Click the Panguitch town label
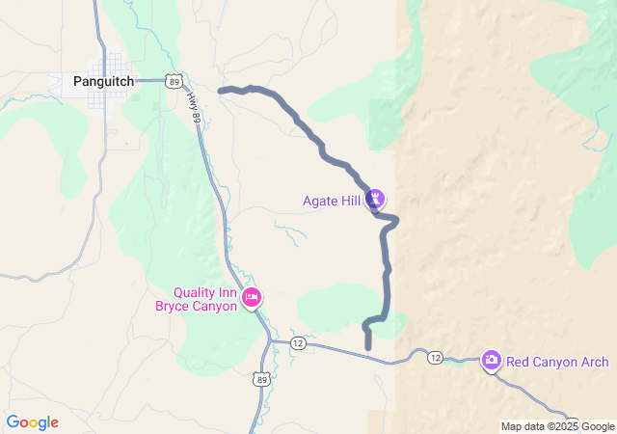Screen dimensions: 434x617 pos(104,82)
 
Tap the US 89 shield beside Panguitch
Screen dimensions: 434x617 pos(174,82)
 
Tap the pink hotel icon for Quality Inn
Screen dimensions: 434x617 pos(252,297)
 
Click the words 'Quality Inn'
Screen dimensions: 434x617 pos(204,292)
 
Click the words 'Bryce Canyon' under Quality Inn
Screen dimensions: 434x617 pos(197,307)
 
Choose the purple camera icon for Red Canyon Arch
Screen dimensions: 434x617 pos(491,361)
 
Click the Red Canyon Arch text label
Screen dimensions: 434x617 pos(557,362)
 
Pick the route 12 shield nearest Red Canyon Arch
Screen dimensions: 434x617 pos(435,358)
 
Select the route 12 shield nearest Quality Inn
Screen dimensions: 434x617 pos(297,343)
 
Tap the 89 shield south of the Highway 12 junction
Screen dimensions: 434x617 pos(261,380)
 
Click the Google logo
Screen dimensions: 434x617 pos(32,422)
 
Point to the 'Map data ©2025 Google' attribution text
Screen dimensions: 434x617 pos(556,426)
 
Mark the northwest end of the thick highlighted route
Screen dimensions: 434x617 pos(222,91)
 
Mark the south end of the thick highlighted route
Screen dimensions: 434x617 pos(368,347)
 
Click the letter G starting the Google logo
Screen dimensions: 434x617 pos(13,422)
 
